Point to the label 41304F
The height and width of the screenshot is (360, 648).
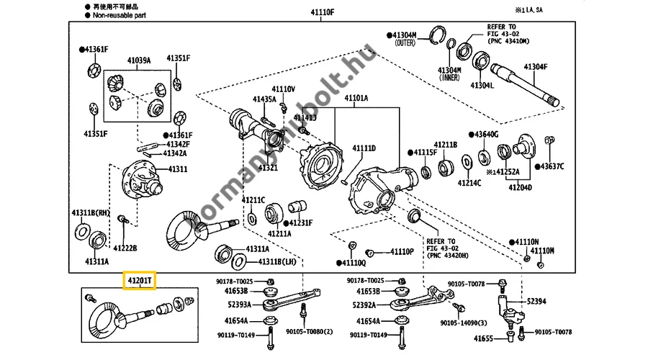point(535,67)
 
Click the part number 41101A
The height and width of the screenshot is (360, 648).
point(356,98)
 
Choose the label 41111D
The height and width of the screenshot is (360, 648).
point(364,148)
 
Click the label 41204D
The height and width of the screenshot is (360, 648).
point(520,188)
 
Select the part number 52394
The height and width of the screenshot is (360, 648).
point(536,301)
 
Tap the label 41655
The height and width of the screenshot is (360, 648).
point(483,338)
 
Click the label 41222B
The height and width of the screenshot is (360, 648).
point(125,248)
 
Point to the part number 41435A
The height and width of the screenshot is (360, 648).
point(264,99)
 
